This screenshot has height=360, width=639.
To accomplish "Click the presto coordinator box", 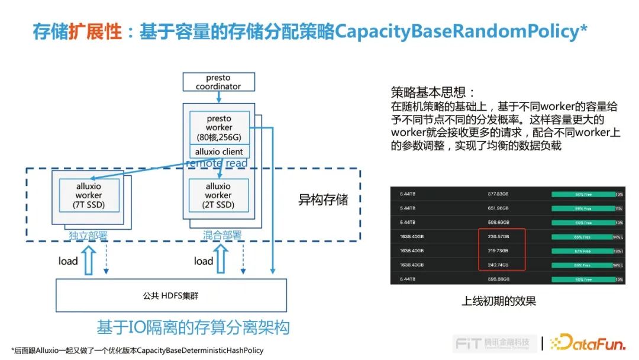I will pyautogui.click(x=218, y=82).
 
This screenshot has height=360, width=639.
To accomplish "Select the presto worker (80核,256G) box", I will pyautogui.click(x=218, y=127).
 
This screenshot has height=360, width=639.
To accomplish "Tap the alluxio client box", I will pyautogui.click(x=218, y=152).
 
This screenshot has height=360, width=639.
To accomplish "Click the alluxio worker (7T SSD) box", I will pyautogui.click(x=89, y=195).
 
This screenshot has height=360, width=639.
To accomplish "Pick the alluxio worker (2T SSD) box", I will pyautogui.click(x=218, y=195).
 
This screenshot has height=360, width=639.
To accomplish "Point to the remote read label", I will pyautogui.click(x=217, y=163).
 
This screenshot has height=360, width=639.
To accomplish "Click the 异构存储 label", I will pyautogui.click(x=323, y=200).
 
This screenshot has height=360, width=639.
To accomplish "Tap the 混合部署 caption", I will pyautogui.click(x=218, y=236).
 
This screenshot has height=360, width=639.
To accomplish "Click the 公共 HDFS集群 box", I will pyautogui.click(x=171, y=295).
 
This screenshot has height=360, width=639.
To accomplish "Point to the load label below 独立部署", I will pyautogui.click(x=68, y=261).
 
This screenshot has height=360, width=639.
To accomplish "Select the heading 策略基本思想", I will pyautogui.click(x=433, y=92).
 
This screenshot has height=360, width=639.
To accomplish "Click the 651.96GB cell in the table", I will pyautogui.click(x=498, y=208).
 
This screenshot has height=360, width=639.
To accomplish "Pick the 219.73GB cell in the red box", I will pyautogui.click(x=498, y=251).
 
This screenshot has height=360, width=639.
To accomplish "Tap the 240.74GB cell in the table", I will pyautogui.click(x=498, y=265).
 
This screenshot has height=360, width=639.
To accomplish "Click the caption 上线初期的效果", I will pyautogui.click(x=498, y=301).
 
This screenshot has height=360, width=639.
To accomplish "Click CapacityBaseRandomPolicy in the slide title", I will pyautogui.click(x=461, y=31).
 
